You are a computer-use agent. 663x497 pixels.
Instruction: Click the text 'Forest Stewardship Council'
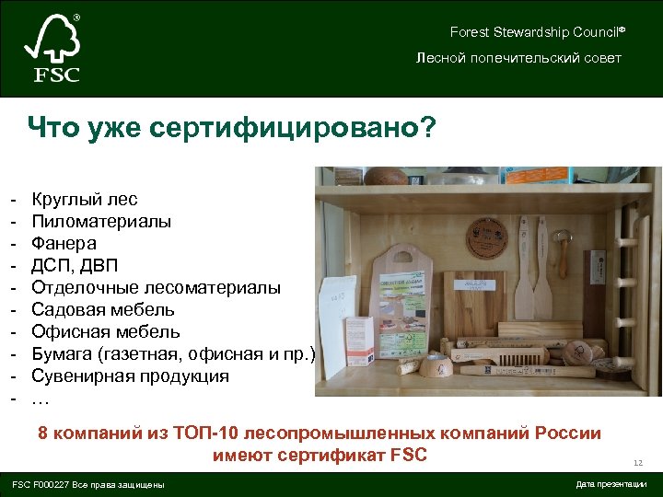535,32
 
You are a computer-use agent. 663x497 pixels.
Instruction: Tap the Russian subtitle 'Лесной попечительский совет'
518,58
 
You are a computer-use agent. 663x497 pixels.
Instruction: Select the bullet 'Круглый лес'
84,199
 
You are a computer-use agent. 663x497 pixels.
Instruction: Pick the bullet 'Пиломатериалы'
100,221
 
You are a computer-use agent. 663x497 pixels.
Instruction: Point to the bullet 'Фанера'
64,243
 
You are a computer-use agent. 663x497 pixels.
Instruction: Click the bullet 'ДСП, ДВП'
75,266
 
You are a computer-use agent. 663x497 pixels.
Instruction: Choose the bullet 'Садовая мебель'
102,310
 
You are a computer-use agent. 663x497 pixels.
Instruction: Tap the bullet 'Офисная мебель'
105,332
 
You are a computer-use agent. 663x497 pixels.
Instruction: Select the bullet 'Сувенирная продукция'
130,376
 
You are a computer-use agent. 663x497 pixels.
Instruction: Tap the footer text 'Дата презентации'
611,484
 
